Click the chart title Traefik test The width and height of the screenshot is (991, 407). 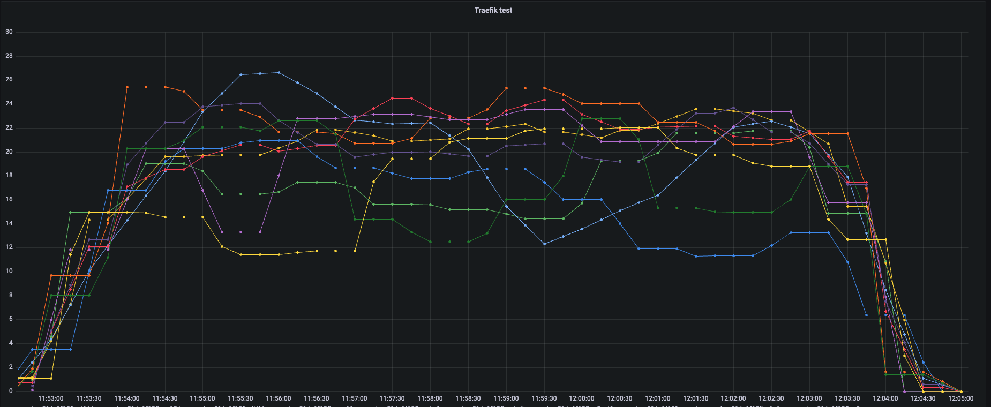pyautogui.click(x=493, y=10)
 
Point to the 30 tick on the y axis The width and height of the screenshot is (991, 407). pyautogui.click(x=9, y=32)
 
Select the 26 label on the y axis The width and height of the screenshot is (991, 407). pyautogui.click(x=9, y=80)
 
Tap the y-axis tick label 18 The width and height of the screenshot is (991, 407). pyautogui.click(x=9, y=176)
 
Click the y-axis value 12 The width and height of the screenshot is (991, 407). pyautogui.click(x=9, y=247)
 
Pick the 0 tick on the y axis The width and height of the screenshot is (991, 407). pyautogui.click(x=11, y=391)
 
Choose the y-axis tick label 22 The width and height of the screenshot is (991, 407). pyautogui.click(x=9, y=127)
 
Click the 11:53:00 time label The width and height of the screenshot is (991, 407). pyautogui.click(x=51, y=398)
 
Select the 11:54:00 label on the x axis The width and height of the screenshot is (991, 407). pyautogui.click(x=127, y=398)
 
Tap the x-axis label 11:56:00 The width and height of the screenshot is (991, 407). pyautogui.click(x=279, y=398)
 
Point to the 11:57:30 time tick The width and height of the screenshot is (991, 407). pyautogui.click(x=392, y=398)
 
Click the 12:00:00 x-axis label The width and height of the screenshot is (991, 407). pyautogui.click(x=582, y=398)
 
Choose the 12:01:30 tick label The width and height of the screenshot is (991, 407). pyautogui.click(x=695, y=398)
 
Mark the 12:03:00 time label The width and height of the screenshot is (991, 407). pyautogui.click(x=809, y=398)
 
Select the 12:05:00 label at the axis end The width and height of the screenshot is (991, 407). pyautogui.click(x=961, y=398)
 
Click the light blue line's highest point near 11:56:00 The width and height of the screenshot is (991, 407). pyautogui.click(x=279, y=72)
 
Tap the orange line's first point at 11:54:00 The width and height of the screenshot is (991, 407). pyautogui.click(x=127, y=87)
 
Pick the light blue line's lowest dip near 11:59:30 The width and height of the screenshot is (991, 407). pyautogui.click(x=544, y=244)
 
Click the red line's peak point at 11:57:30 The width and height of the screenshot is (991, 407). pyautogui.click(x=392, y=98)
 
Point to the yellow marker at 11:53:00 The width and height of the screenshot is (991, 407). pyautogui.click(x=51, y=378)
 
